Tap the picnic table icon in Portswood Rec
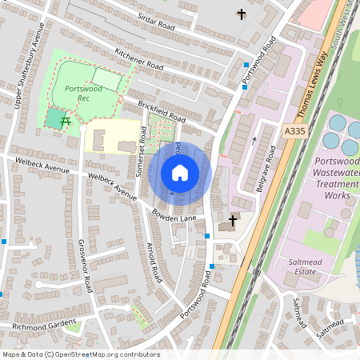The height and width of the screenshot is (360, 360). click(66, 122)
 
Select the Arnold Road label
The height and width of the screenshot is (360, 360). click(154, 265)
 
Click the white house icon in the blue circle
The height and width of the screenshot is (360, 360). click(180, 172)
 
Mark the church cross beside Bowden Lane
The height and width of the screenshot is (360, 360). click(233, 220)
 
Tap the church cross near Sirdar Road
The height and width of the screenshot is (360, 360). click(242, 14)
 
